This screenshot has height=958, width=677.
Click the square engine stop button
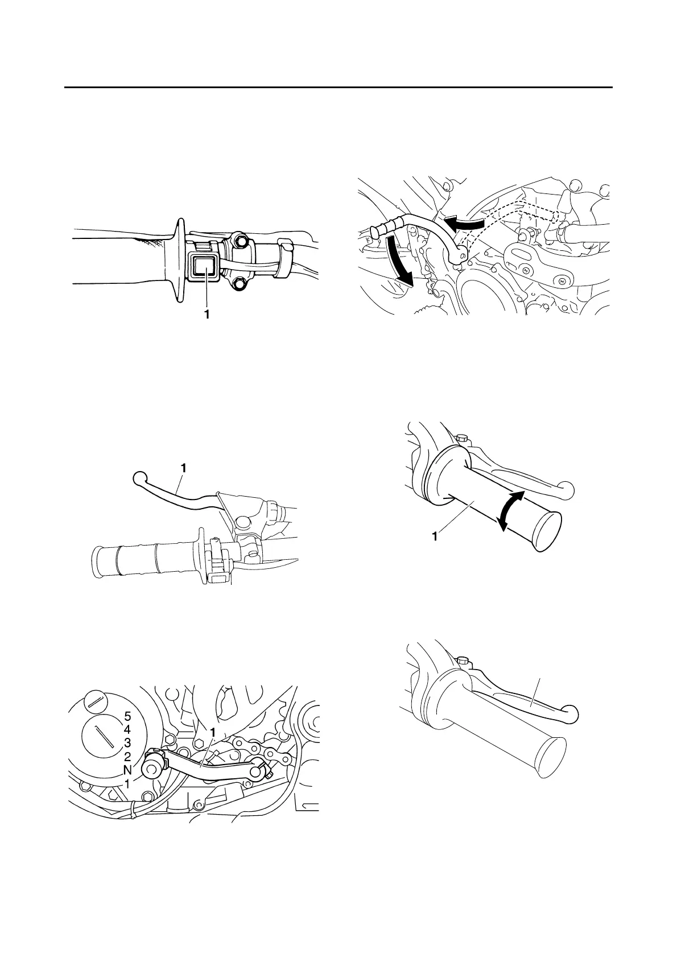click(x=201, y=266)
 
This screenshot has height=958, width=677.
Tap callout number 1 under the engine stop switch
click(x=207, y=313)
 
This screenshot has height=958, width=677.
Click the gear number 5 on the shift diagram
click(x=127, y=717)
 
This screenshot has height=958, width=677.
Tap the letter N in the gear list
click(x=127, y=770)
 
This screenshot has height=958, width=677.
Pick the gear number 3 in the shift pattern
click(x=127, y=743)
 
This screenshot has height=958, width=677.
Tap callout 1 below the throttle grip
click(x=435, y=536)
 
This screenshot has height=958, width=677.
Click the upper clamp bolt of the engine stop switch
click(x=240, y=242)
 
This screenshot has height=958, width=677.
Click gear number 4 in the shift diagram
click(x=127, y=730)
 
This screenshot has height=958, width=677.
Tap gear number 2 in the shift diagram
click(x=127, y=757)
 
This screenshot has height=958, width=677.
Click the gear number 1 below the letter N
click(x=127, y=783)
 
